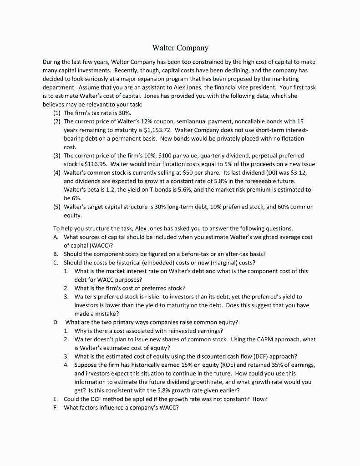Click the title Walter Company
pos(180,48)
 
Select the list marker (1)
pos(57,112)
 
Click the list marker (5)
pos(57,207)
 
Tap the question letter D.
pos(56,322)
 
